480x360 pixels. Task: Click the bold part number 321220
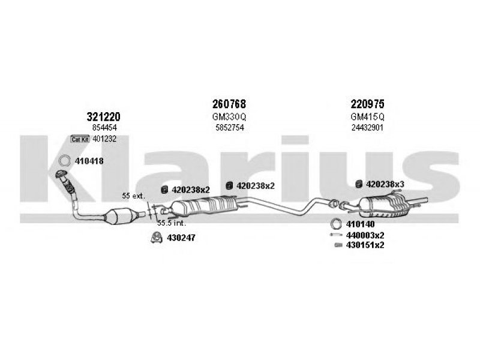click(103, 116)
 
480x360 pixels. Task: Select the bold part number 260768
click(229, 104)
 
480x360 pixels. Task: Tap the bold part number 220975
click(367, 104)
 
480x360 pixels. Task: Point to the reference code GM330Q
click(229, 117)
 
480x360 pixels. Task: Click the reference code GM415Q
click(367, 117)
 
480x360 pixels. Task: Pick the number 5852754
click(230, 128)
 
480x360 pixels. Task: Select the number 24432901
click(367, 128)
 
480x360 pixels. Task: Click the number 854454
click(104, 128)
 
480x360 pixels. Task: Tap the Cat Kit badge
click(80, 139)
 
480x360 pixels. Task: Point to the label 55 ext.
click(133, 196)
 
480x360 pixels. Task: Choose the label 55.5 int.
click(172, 223)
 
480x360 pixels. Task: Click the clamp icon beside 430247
click(157, 238)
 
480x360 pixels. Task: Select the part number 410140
click(361, 224)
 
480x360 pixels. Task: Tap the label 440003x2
click(365, 235)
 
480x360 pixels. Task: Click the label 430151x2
click(365, 245)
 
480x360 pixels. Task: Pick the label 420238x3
click(385, 184)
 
